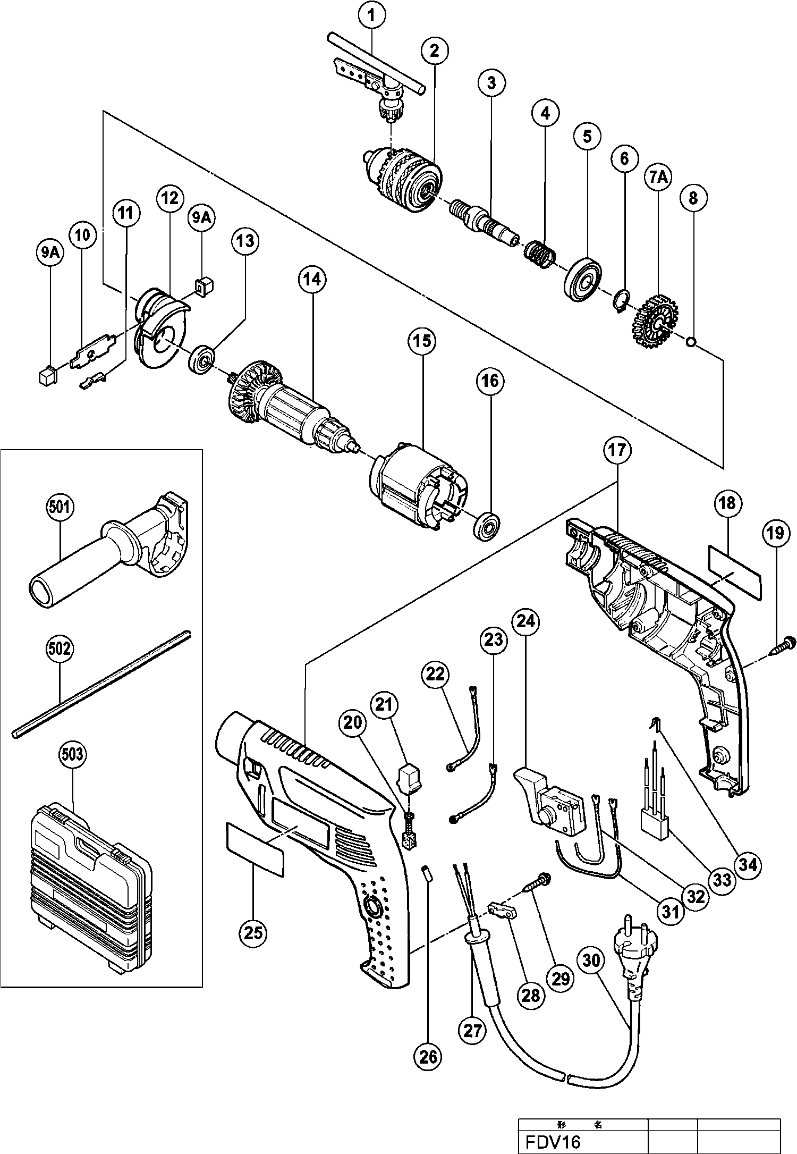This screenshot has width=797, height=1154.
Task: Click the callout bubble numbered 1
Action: pyautogui.click(x=372, y=16)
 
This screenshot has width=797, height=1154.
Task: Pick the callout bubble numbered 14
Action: pyautogui.click(x=312, y=279)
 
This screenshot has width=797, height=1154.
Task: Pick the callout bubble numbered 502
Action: pyautogui.click(x=59, y=648)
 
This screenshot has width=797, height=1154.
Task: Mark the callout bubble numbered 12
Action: pyautogui.click(x=169, y=198)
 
